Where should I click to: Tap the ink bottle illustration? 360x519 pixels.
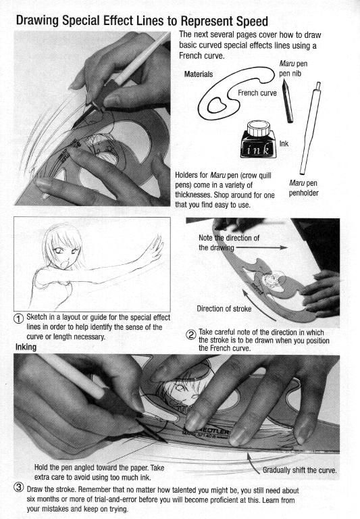[258, 139]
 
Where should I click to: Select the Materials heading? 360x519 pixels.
[199, 74]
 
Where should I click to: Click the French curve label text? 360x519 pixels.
[257, 93]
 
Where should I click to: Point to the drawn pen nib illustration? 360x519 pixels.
[288, 101]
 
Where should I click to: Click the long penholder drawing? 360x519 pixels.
[310, 128]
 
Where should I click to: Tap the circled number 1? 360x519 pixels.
[18, 318]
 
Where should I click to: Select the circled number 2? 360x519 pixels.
[191, 335]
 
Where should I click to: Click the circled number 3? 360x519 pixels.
[18, 487]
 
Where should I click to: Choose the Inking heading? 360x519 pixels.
[26, 347]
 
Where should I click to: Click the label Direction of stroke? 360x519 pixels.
[224, 309]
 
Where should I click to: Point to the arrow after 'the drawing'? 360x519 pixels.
[261, 247]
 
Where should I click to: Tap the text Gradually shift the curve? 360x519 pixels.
[299, 470]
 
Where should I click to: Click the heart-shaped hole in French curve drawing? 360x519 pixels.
[217, 105]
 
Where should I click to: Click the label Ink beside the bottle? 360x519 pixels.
[284, 144]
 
